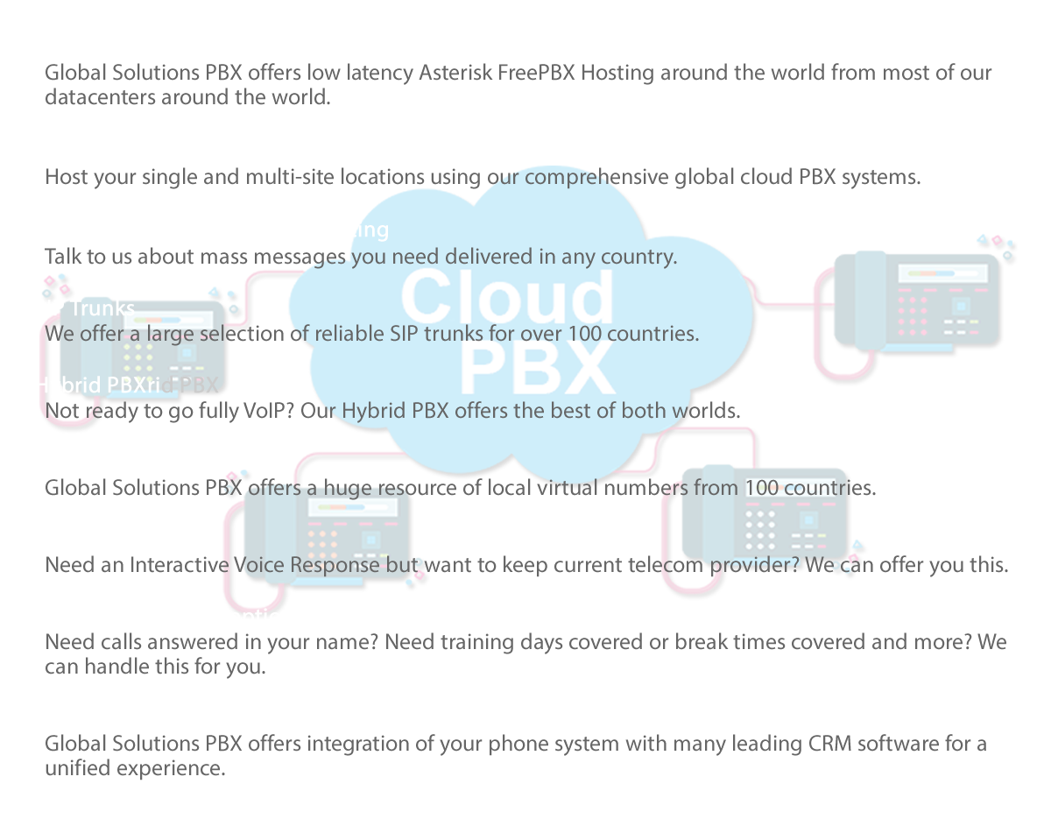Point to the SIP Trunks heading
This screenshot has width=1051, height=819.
(x=84, y=307)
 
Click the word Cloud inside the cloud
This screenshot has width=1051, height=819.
(x=507, y=296)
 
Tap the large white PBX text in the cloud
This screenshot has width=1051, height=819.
(x=536, y=367)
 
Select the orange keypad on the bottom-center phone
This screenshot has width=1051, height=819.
(x=322, y=543)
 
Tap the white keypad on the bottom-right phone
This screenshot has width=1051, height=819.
(x=759, y=524)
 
